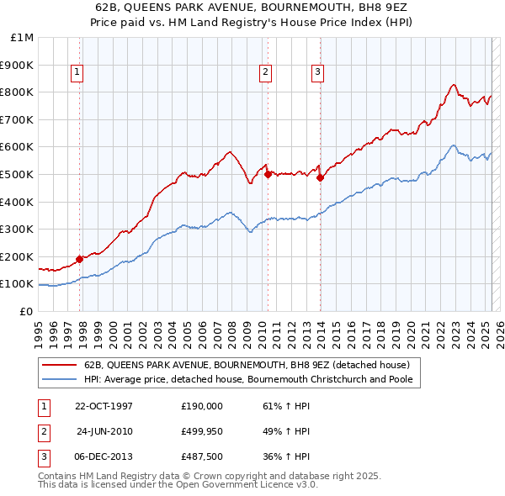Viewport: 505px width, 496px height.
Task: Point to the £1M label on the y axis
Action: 22,38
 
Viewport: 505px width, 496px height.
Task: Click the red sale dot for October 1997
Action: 80,259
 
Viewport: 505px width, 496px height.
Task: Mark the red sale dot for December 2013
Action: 321,177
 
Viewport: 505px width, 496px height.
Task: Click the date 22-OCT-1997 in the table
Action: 104,405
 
